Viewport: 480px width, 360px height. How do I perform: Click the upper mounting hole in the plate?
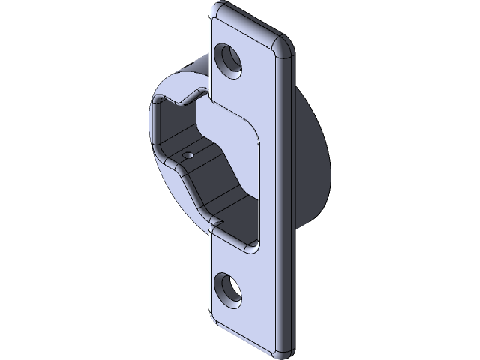coord(229,60)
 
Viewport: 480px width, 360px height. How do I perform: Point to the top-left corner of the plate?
coord(218,9)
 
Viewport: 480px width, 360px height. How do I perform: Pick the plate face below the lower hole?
coord(247,319)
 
